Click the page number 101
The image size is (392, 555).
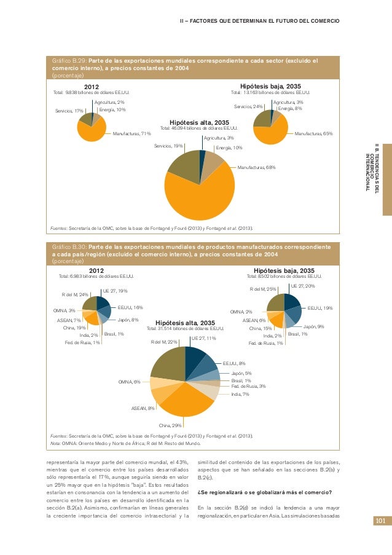coord(380,521)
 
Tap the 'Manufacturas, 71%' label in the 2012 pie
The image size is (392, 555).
coord(132,133)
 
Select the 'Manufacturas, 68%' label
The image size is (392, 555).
coord(256,167)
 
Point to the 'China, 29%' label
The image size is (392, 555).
coord(170,425)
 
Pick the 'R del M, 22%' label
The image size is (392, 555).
coord(164,342)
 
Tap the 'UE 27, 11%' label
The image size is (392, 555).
coord(203,338)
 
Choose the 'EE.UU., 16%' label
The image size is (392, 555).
coord(130,307)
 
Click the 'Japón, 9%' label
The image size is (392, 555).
coord(313,326)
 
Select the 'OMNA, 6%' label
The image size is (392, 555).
coord(129,382)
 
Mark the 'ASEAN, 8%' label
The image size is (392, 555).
coord(143,408)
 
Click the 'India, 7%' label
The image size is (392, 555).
coord(240,394)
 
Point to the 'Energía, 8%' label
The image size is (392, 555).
coord(290,108)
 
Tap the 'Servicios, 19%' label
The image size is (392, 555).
coord(168,146)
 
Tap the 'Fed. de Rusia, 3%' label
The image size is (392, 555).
coord(248,386)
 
